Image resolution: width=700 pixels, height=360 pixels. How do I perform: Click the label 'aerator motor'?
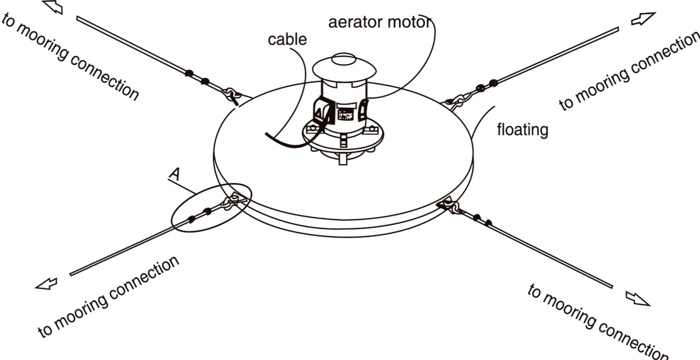380,23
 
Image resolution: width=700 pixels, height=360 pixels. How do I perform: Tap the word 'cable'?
287,39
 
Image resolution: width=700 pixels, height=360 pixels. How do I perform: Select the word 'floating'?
522,130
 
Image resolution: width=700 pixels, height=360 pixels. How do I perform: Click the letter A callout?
175,174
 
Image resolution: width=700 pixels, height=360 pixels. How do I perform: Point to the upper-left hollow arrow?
53,7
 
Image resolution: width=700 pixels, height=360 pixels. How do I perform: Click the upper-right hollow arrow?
643,19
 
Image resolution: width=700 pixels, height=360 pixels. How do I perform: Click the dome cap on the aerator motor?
344,67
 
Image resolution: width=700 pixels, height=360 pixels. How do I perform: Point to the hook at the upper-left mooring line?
232,95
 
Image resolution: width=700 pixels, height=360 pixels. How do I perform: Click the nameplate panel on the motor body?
345,113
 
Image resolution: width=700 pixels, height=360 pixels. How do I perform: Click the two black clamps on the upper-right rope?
487,85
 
